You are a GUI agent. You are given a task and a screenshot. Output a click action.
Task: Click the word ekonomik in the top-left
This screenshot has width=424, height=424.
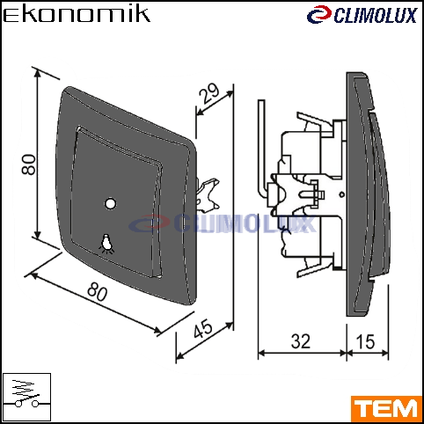click(77, 15)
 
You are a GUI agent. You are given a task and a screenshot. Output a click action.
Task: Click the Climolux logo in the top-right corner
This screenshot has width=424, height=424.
click(362, 15)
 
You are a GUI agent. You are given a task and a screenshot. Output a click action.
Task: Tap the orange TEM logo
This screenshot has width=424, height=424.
click(386, 409)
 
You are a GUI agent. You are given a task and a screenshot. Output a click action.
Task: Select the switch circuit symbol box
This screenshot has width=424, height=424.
click(26, 398)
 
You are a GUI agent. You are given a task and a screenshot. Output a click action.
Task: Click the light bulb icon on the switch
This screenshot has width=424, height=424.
click(106, 243)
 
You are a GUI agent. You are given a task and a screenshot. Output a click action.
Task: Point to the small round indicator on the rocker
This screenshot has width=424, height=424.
click(110, 203)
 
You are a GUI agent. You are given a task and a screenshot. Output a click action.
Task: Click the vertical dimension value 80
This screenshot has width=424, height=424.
click(29, 164)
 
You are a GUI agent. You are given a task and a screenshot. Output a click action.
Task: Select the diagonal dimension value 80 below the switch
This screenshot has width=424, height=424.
click(98, 291)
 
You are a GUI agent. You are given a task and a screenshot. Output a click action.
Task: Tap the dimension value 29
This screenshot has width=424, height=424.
click(208, 93)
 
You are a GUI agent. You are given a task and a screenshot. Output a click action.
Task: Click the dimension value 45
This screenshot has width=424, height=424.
click(203, 328)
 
